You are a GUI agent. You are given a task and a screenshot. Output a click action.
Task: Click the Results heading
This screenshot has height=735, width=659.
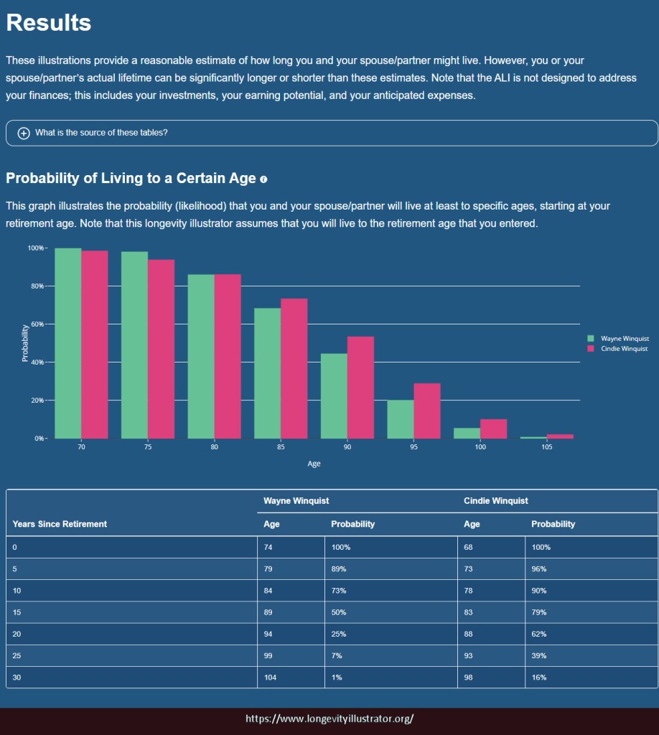49,22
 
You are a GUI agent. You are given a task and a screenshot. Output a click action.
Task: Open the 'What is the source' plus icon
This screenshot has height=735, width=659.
24,133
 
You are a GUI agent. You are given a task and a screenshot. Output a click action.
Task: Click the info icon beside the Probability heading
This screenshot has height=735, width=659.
263,179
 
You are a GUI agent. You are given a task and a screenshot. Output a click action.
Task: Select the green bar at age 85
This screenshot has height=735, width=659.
267,373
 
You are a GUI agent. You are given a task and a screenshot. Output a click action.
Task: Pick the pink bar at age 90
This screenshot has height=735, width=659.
360,388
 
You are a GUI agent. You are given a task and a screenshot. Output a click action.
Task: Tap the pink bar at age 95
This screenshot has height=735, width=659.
426,411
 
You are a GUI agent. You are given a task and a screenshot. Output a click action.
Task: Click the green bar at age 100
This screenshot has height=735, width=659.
467,433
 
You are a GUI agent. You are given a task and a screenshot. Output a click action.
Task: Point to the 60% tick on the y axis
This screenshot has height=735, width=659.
36,324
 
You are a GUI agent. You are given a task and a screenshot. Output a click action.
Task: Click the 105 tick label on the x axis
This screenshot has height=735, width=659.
546,447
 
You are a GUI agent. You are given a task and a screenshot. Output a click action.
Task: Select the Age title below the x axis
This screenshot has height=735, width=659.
314,464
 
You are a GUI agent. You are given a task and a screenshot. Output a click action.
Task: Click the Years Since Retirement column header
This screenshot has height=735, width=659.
60,524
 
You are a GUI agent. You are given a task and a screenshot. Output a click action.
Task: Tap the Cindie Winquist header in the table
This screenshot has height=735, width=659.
496,500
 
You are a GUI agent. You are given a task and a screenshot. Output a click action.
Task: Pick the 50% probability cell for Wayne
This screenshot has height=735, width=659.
339,612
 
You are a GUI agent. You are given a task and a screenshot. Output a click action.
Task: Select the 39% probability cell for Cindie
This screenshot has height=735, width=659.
539,655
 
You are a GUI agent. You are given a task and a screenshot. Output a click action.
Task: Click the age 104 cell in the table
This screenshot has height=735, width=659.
272,677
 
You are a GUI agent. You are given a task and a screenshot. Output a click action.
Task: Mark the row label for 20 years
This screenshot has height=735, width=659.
17,634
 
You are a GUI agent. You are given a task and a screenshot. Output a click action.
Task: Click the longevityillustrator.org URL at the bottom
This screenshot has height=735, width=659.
329,718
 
